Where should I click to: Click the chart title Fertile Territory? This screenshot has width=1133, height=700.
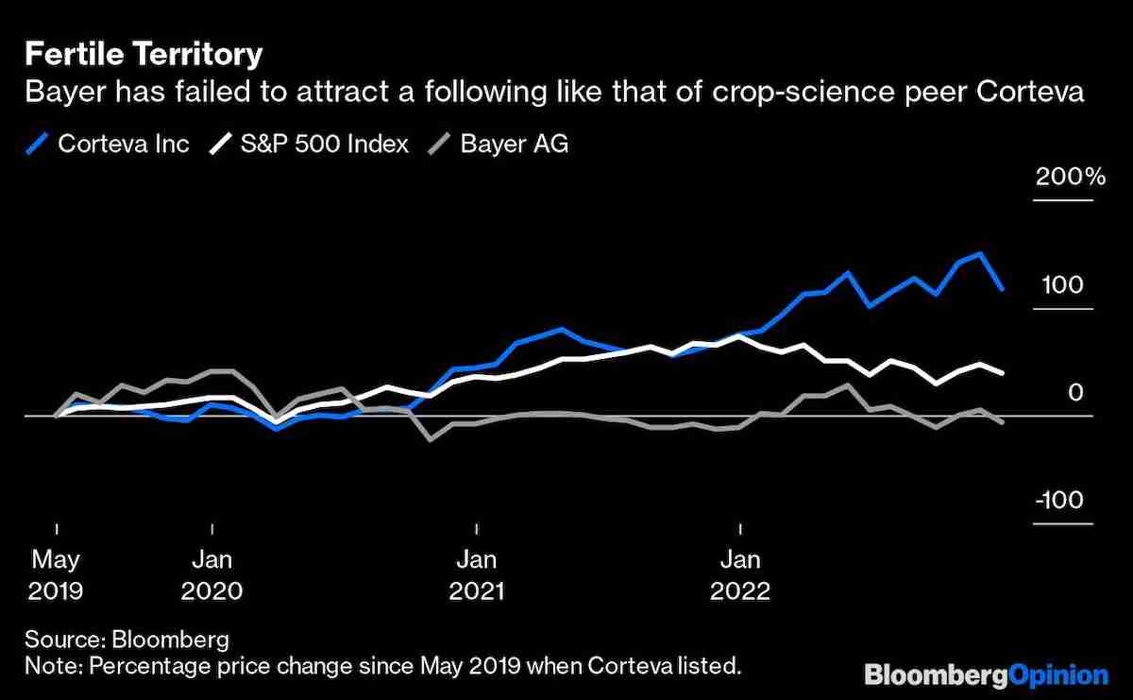point(144,55)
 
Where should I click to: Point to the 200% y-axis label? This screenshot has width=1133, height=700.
point(1069,178)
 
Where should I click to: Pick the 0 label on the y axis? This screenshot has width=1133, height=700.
point(1075,392)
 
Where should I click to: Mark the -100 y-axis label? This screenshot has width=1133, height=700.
point(1064,501)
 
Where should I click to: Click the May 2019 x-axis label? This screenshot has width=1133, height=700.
point(56,574)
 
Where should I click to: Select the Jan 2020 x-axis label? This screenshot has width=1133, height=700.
point(212,574)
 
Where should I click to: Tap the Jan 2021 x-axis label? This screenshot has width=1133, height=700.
point(477,574)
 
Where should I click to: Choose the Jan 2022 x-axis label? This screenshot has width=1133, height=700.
point(741,574)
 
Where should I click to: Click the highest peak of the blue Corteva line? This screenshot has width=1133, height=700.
point(981,254)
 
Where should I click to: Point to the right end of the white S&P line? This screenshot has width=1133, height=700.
point(1002,373)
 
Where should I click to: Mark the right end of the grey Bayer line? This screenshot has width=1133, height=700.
point(1002,423)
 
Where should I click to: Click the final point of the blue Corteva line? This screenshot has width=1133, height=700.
point(1002,289)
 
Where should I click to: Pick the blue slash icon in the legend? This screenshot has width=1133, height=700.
point(38,144)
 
